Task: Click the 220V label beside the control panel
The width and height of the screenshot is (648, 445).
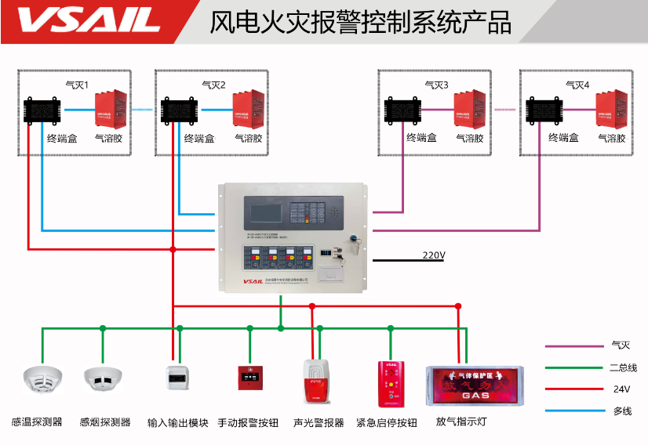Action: (x=433, y=255)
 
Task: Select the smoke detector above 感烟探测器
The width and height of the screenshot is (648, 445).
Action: (x=103, y=379)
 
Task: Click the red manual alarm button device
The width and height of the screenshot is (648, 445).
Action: (x=250, y=378)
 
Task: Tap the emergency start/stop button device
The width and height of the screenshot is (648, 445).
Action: (x=389, y=384)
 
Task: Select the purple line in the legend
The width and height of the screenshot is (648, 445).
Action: (x=570, y=345)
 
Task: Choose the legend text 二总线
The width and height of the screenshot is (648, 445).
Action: (x=623, y=367)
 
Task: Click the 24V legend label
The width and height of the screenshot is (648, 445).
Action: (x=621, y=389)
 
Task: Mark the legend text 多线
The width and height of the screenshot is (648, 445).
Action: (x=621, y=411)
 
